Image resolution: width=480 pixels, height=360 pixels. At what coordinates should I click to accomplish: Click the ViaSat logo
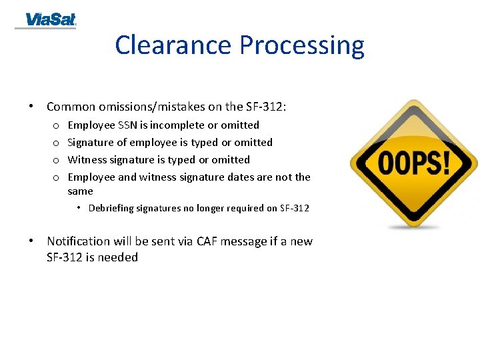click(x=51, y=20)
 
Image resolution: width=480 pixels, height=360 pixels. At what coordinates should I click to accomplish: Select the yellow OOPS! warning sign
click(x=414, y=163)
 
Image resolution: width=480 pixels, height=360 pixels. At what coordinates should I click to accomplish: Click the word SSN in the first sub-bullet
click(x=127, y=125)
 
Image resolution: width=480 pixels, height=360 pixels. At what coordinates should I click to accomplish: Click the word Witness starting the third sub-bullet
click(x=87, y=159)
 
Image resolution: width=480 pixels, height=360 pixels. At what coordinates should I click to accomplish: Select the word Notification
click(x=78, y=241)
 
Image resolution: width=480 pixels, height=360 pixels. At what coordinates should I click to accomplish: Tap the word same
click(x=80, y=191)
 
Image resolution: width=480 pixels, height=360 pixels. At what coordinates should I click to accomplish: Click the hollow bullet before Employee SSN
click(x=56, y=125)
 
